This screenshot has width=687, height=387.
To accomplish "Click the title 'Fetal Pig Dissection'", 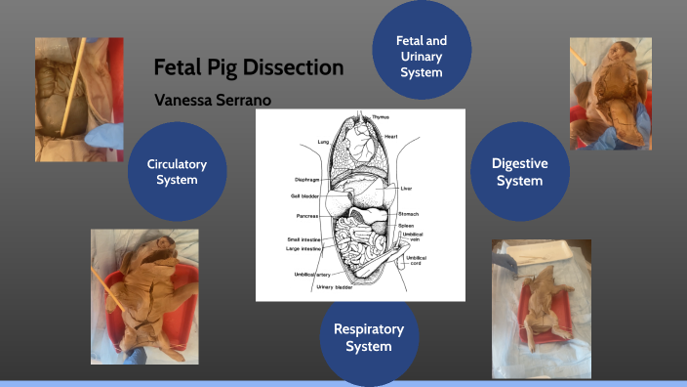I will coord(248,68).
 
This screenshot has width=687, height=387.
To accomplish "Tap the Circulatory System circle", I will coord(178,171).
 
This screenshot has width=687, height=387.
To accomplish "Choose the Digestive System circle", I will coord(518,172).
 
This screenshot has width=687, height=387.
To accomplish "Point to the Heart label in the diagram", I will coord(390,136).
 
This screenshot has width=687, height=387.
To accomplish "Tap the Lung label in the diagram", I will coord(324,143).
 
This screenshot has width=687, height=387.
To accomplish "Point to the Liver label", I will coord(407,188).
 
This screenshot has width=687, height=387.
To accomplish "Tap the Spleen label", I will coord(406,226).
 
